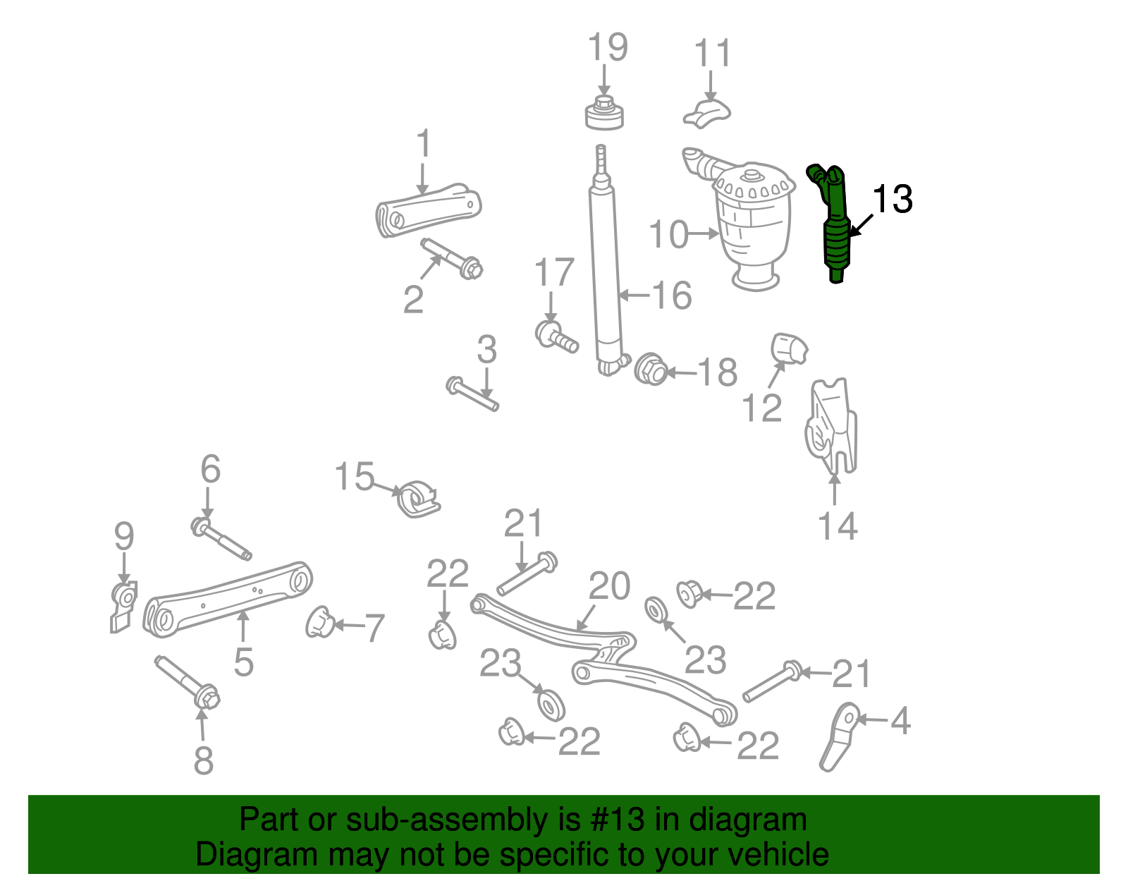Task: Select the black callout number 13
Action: [893, 199]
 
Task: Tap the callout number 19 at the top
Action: [607, 47]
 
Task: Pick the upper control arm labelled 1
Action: [427, 209]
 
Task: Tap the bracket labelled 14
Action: [832, 427]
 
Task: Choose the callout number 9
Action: [124, 537]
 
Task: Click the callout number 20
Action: [610, 585]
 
